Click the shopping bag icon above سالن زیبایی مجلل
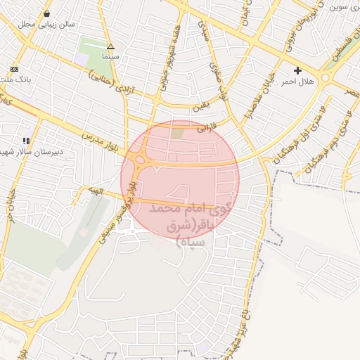pos(46,13)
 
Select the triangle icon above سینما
pos(110,46)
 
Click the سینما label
pos(111,55)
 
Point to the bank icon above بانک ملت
pos(15,69)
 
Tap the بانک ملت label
pos(15,79)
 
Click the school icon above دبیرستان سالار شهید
pos(26,141)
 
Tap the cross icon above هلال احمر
pos(298,70)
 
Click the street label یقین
pos(200,108)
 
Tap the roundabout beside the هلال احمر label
pos(325,77)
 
